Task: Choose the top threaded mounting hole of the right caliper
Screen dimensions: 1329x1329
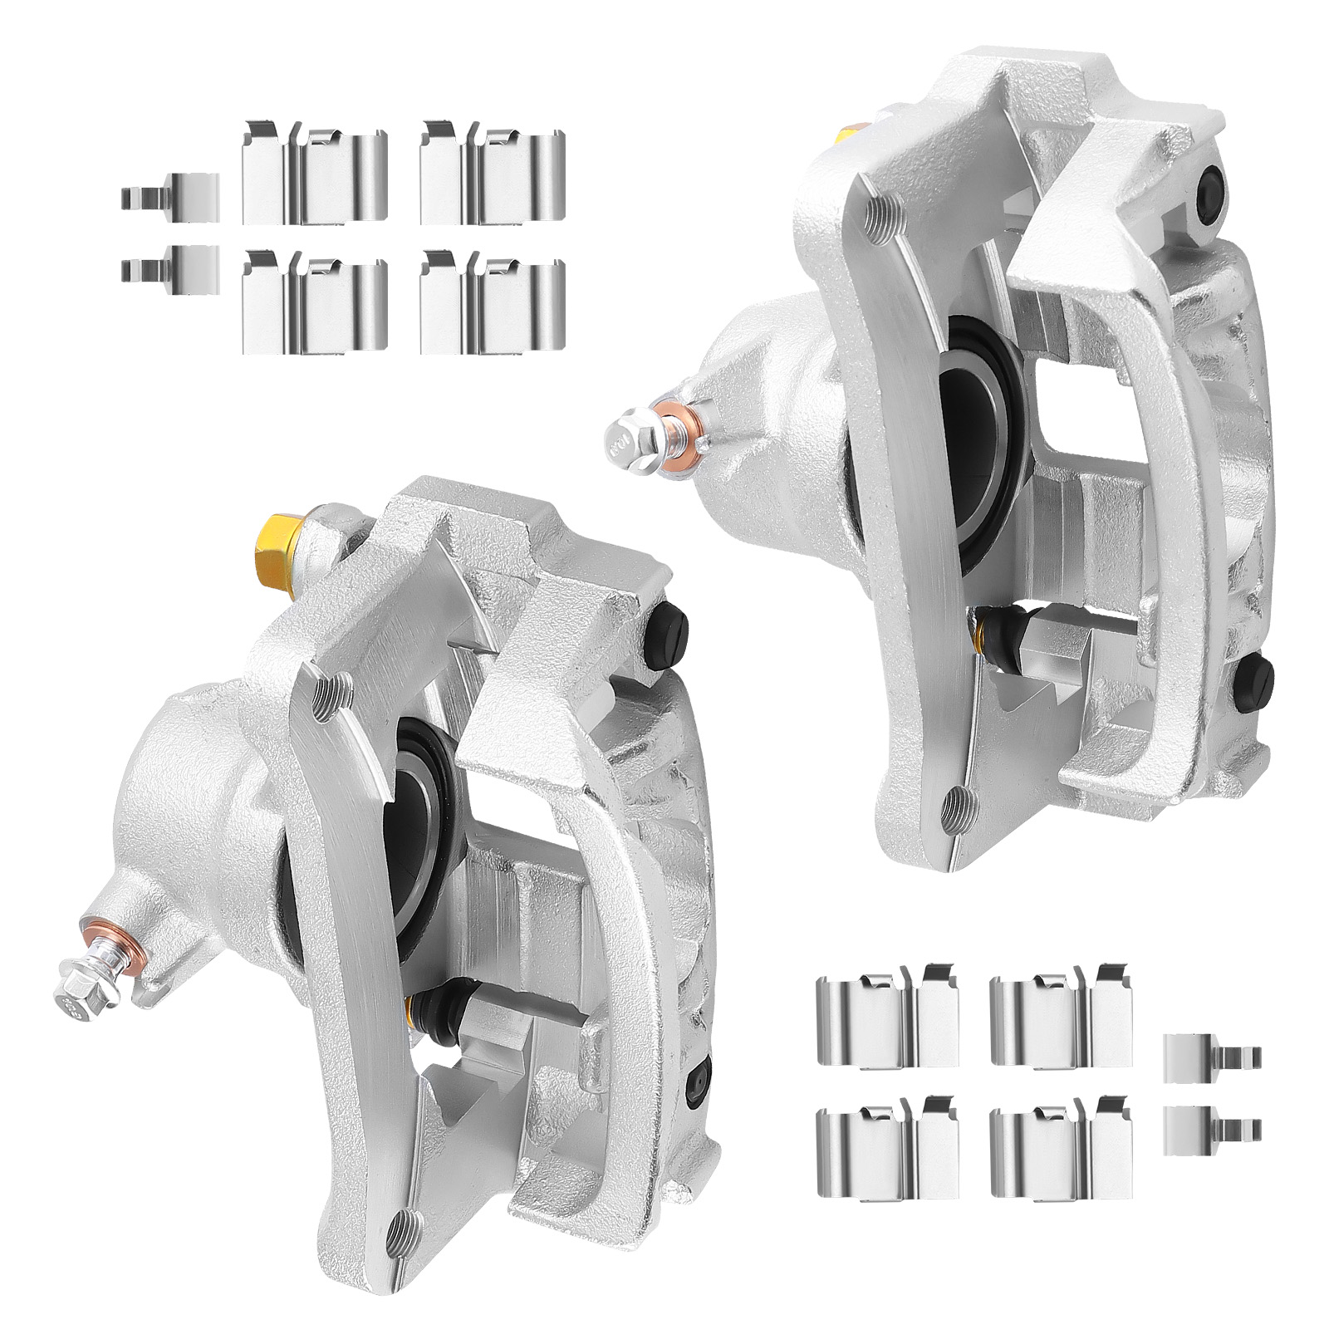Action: click(x=879, y=213)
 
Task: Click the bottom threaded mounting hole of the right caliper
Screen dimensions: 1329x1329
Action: click(x=959, y=802)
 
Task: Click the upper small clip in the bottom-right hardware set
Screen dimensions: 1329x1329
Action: click(x=1213, y=1057)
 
